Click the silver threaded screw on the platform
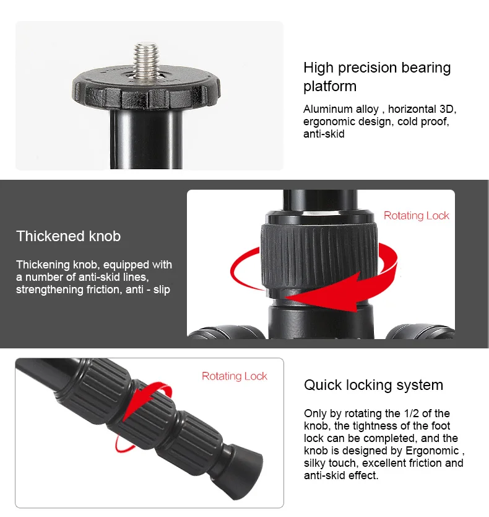tap(147, 60)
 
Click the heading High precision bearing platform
tap(377, 77)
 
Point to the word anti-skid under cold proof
tap(324, 134)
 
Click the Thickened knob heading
tap(69, 236)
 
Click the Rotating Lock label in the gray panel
tap(416, 216)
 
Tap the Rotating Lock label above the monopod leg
tap(235, 376)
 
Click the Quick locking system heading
tap(373, 385)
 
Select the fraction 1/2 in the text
tap(412, 413)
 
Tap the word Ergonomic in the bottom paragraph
tap(432, 451)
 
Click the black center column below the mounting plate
tap(146, 139)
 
